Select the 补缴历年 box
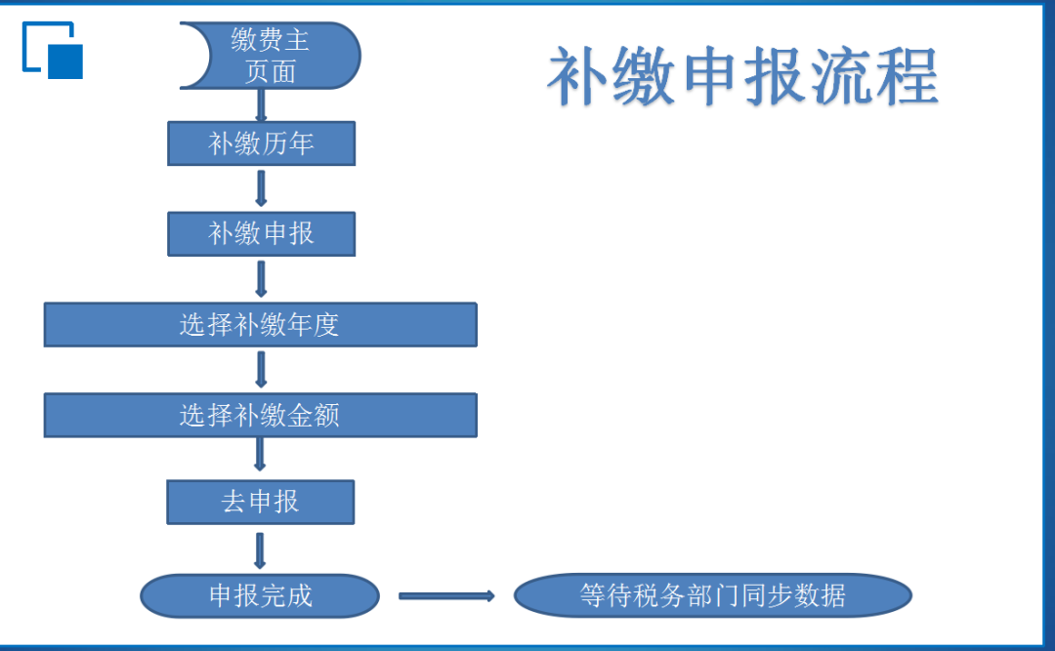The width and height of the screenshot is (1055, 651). (261, 143)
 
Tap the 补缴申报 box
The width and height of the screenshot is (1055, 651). (261, 234)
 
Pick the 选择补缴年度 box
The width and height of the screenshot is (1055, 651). (261, 325)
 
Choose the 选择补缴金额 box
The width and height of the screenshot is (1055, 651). (261, 416)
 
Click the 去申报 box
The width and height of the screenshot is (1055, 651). (261, 503)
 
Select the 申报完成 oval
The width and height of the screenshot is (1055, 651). (260, 595)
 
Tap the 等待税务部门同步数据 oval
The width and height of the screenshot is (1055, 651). (712, 595)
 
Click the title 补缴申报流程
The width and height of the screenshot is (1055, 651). (742, 75)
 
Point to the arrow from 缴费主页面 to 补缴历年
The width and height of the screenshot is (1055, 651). (261, 105)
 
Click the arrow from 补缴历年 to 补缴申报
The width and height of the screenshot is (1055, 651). (261, 187)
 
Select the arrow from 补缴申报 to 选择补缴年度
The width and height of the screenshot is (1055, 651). (261, 278)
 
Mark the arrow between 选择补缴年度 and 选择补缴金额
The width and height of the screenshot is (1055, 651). (261, 369)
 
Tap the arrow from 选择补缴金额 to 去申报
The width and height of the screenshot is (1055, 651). (260, 455)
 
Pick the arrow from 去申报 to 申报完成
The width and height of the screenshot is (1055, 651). (260, 550)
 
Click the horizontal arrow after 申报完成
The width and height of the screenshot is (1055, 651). (446, 595)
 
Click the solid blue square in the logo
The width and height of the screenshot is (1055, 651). (65, 61)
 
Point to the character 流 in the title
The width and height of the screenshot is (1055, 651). (841, 75)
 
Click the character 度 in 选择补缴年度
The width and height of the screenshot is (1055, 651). (326, 325)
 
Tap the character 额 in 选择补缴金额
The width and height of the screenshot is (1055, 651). (326, 416)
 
